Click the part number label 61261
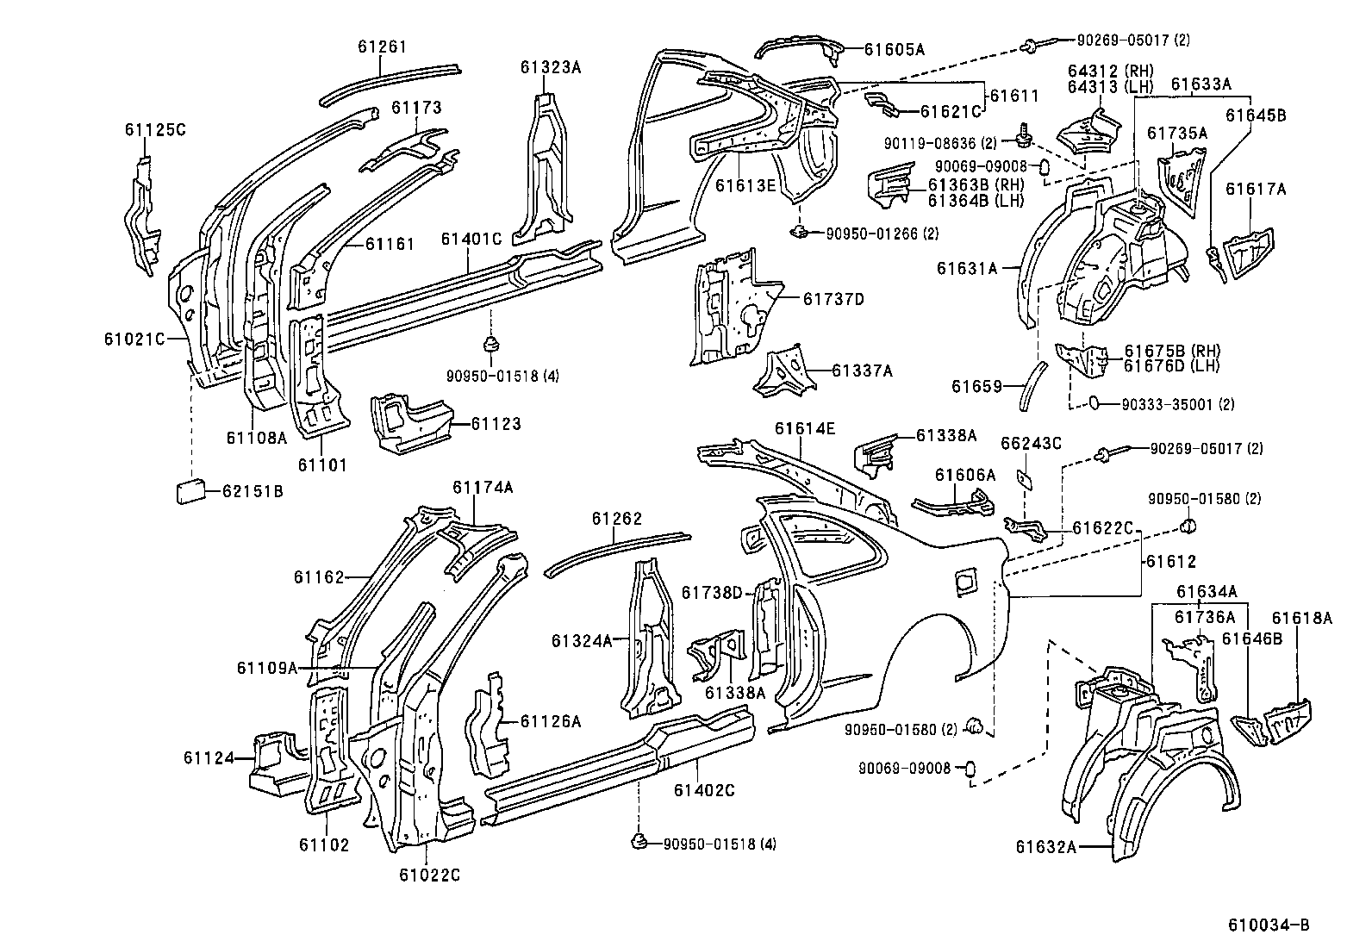coord(382,47)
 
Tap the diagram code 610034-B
coord(1269,925)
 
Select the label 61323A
coord(550,66)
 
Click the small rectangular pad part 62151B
coord(190,491)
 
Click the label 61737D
coord(833,299)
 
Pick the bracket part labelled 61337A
coord(785,371)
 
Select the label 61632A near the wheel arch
coord(1045,847)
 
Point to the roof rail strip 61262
coord(616,551)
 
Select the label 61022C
coord(429,875)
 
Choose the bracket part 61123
coord(408,421)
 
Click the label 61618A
coord(1301,618)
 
